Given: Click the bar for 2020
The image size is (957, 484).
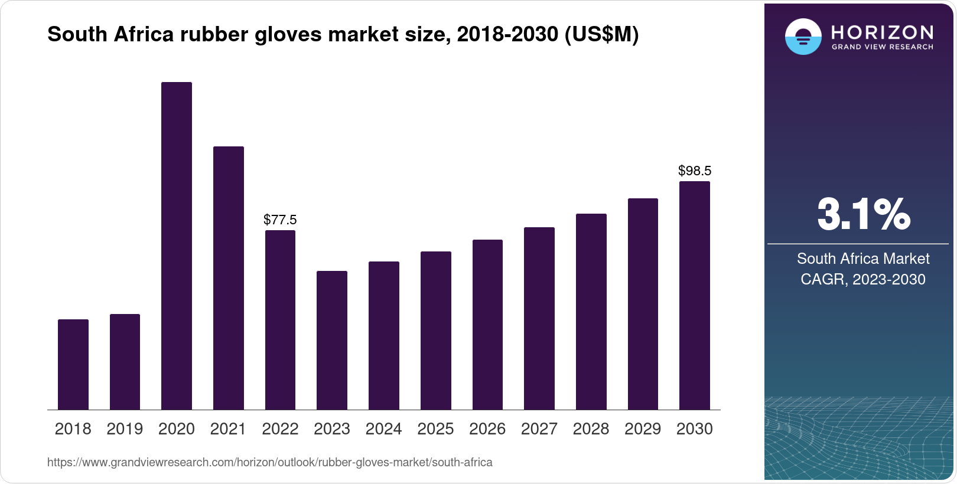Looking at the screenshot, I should [177, 246].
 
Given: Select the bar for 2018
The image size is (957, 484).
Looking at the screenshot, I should [73, 364].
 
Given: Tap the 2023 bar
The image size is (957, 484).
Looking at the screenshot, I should [332, 340].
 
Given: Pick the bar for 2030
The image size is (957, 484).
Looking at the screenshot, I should [695, 295].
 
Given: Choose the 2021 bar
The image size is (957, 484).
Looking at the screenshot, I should [229, 277].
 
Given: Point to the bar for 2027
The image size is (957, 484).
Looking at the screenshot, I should [539, 318].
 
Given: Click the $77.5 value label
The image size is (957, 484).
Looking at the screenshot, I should [280, 220].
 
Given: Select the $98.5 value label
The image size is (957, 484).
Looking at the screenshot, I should [695, 171].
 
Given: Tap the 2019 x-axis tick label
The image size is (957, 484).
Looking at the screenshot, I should [125, 429].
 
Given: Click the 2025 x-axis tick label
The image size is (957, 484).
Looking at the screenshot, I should [435, 429].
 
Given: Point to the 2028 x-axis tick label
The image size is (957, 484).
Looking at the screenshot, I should [591, 429].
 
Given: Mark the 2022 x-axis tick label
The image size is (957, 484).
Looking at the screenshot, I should [280, 429].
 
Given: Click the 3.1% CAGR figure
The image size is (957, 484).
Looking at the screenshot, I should [863, 214].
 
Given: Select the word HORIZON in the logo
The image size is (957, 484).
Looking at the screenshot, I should [883, 32].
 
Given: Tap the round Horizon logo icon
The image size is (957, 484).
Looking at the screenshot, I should [803, 37].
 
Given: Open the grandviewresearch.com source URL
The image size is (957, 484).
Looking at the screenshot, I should [269, 463].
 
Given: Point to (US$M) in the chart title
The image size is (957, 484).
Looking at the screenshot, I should [601, 35].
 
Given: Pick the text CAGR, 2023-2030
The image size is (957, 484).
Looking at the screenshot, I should [862, 279].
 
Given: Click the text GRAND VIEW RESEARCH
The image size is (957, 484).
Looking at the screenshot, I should [883, 47].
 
